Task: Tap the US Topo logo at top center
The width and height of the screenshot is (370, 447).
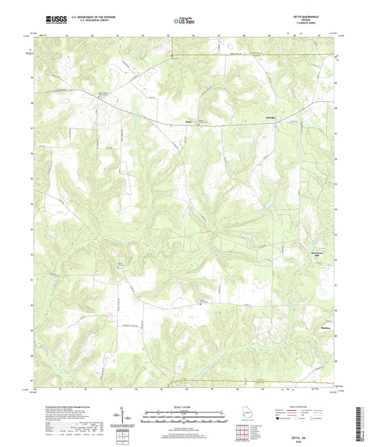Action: [179, 22]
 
